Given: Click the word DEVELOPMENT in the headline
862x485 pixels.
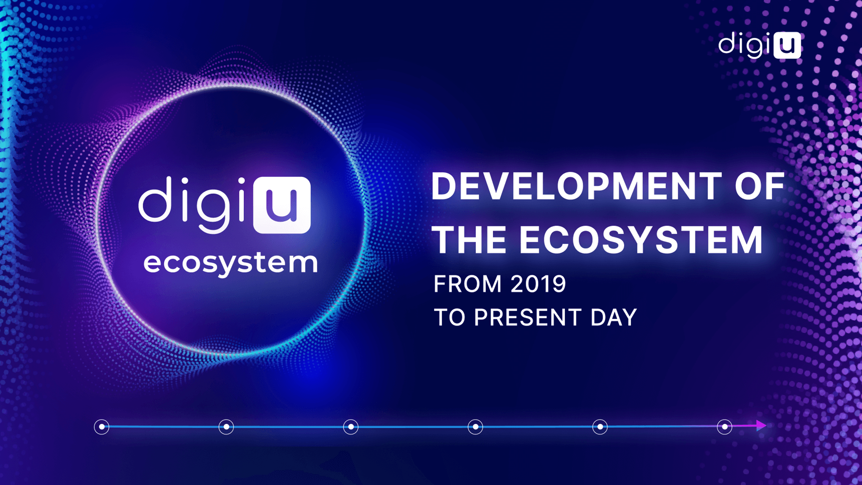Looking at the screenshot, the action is pyautogui.click(x=576, y=186).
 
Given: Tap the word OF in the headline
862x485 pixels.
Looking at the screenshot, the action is pyautogui.click(x=760, y=186).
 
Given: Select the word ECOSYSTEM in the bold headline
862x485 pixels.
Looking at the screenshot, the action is pyautogui.click(x=641, y=240).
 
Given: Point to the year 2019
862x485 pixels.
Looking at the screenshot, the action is pyautogui.click(x=538, y=284).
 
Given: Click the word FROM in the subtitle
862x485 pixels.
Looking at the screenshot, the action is pyautogui.click(x=467, y=284).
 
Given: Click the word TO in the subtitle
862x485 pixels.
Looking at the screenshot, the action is pyautogui.click(x=449, y=317).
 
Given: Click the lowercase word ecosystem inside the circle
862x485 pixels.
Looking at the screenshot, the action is pyautogui.click(x=230, y=263).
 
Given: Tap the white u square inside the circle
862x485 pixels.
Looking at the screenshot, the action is pyautogui.click(x=282, y=205).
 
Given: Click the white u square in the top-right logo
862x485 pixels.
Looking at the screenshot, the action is pyautogui.click(x=787, y=45).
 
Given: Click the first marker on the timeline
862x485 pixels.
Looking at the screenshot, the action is pyautogui.click(x=101, y=427).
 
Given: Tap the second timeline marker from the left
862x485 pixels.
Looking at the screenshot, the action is pyautogui.click(x=226, y=427).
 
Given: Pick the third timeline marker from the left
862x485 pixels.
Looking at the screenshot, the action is pyautogui.click(x=351, y=427).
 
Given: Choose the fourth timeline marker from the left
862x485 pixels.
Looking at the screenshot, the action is pyautogui.click(x=475, y=427).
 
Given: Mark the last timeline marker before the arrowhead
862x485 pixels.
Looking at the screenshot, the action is pyautogui.click(x=725, y=427).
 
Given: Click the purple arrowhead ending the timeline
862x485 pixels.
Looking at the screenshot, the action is pyautogui.click(x=761, y=425).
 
